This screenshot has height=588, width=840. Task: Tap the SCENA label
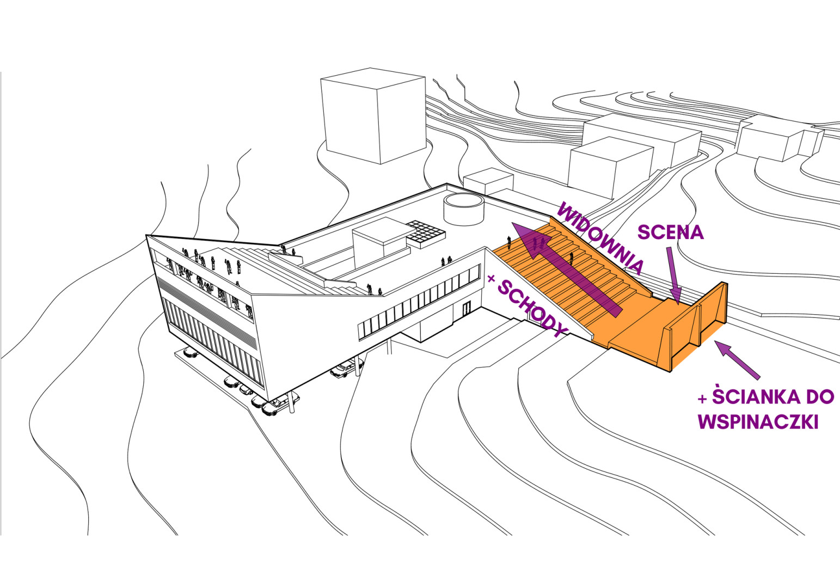671,232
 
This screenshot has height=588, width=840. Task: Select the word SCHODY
532,309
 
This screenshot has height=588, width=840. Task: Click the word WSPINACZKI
758,422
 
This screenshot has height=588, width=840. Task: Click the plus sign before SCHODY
491,279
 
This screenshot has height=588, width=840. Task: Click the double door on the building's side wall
467,309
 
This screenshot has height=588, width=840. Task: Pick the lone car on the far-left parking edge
191,353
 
